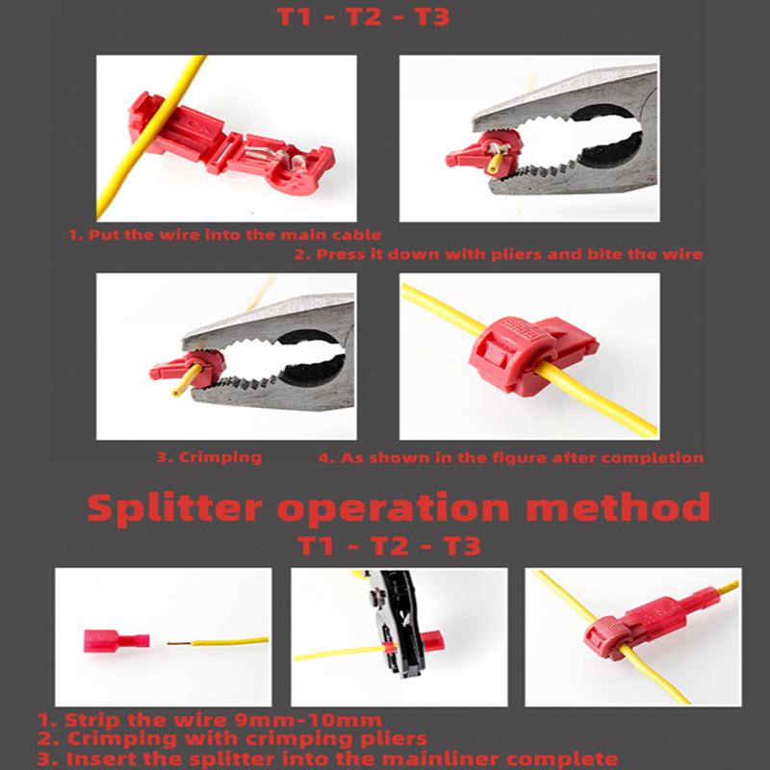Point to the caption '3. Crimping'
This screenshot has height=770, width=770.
(209, 457)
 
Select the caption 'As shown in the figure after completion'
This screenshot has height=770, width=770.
(510, 457)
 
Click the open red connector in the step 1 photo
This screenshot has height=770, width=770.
(231, 140)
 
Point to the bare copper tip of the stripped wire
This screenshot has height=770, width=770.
(177, 643)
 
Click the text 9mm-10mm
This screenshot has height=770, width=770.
(313, 720)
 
